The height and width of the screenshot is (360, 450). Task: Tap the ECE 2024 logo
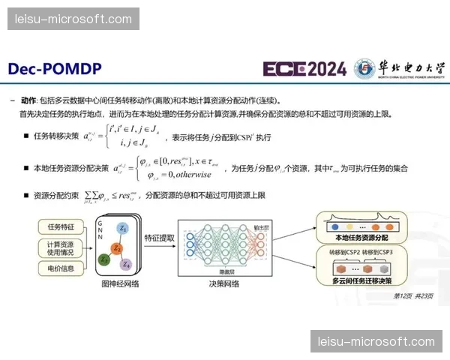tap(304, 70)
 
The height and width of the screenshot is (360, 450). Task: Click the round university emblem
tap(364, 69)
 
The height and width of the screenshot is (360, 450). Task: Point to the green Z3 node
tap(104, 259)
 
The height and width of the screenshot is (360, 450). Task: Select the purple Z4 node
tap(127, 265)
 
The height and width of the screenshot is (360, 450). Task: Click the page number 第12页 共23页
tap(418, 295)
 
